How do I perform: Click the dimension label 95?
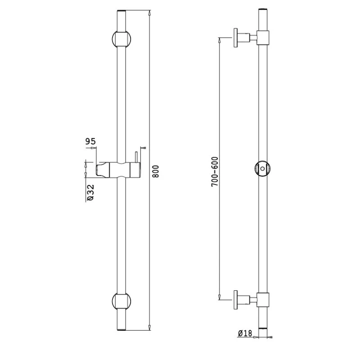(x=90, y=142)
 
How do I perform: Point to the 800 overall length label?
(x=156, y=171)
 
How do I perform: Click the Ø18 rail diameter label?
(x=244, y=333)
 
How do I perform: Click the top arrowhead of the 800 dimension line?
(x=149, y=11)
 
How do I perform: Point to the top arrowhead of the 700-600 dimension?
(x=219, y=40)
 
